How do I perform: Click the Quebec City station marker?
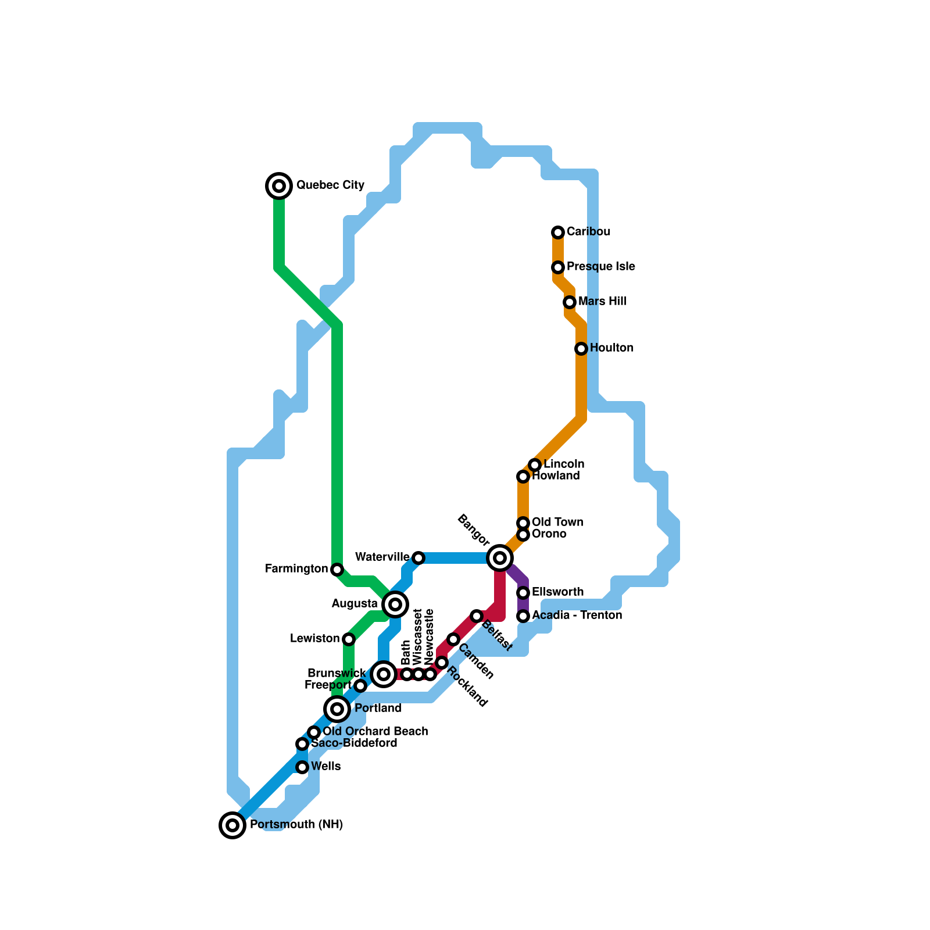pos(279,186)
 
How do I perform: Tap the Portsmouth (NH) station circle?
pos(233,825)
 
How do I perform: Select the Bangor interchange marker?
pos(500,558)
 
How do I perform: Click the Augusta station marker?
pos(395,604)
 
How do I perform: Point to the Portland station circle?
pos(337,709)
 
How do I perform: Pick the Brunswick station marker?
pos(384,674)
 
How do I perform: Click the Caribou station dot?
pos(558,233)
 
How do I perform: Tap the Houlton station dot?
pos(581,349)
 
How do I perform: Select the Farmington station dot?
pos(337,570)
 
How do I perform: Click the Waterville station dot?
pos(419,558)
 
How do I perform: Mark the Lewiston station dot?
pos(349,639)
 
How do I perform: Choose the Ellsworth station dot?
pos(523,593)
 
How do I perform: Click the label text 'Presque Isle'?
pos(600,267)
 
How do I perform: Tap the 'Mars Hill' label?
pos(602,302)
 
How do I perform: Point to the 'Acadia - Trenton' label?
pos(577,615)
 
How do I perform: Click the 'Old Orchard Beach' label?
pos(375,731)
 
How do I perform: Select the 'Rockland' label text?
pos(467,688)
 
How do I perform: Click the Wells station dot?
pos(302,767)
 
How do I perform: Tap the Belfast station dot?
pos(477,616)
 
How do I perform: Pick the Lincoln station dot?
pos(535,465)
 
